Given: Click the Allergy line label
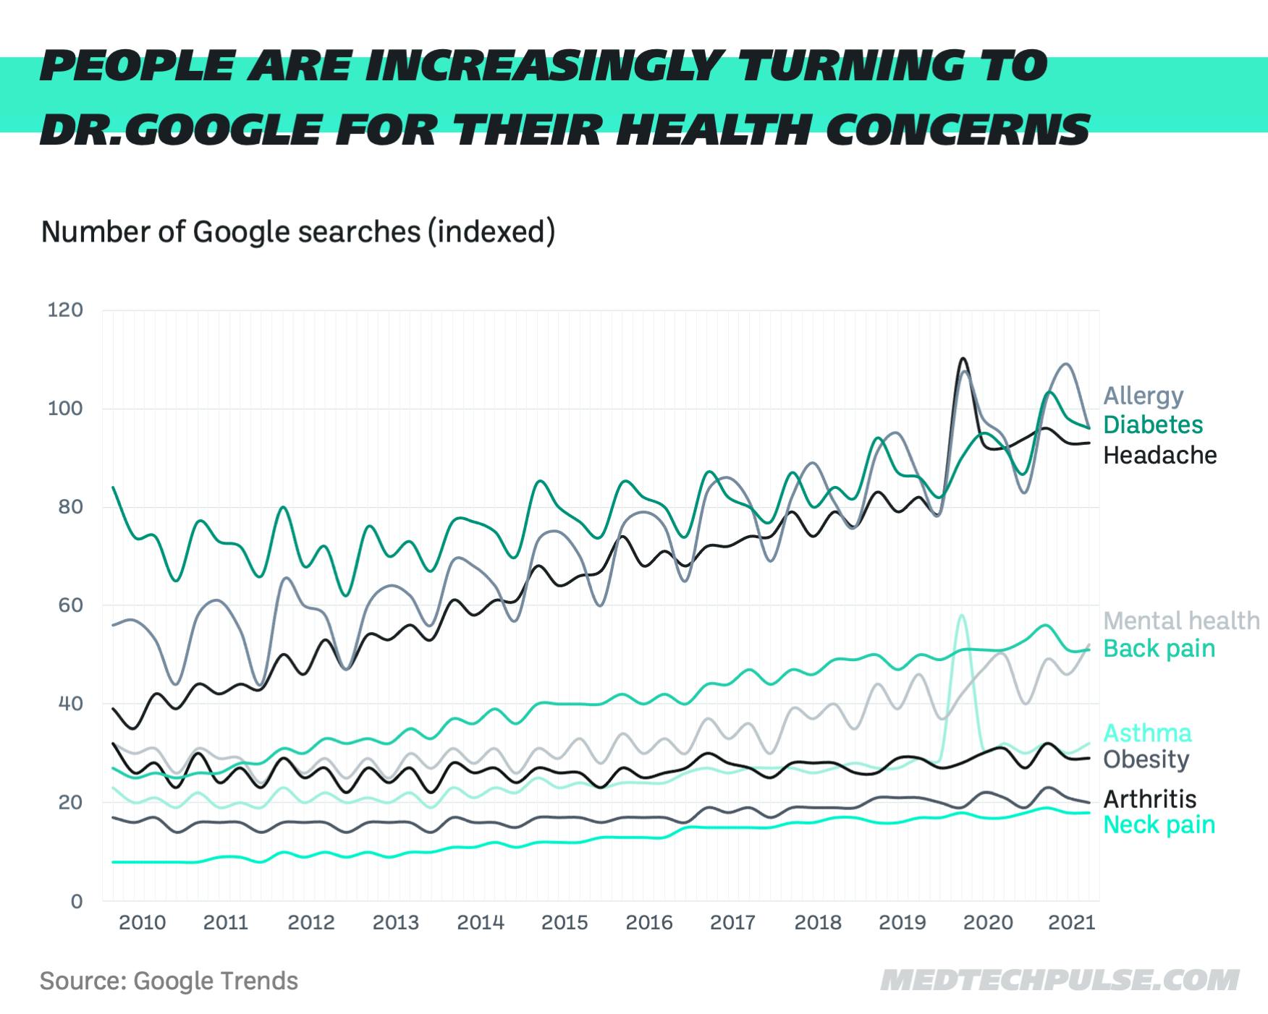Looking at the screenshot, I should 1143,396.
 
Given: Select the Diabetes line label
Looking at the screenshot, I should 1152,425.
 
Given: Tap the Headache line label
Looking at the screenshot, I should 1159,455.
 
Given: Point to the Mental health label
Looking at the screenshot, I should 1181,621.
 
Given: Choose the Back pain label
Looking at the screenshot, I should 1159,649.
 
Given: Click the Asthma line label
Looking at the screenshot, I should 1147,733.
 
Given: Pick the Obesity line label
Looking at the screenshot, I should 1146,759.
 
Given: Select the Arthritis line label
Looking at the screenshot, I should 1149,799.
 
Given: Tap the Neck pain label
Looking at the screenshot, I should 1159,825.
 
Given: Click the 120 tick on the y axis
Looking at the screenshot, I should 65,310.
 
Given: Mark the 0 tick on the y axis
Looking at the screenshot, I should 76,901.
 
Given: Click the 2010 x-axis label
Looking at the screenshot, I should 142,923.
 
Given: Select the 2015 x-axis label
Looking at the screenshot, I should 565,923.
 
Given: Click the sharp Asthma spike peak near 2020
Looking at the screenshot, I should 961,615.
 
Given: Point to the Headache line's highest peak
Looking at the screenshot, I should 963,359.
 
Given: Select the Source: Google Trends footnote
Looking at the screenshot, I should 169,981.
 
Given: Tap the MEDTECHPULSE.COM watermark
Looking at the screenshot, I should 1059,981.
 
